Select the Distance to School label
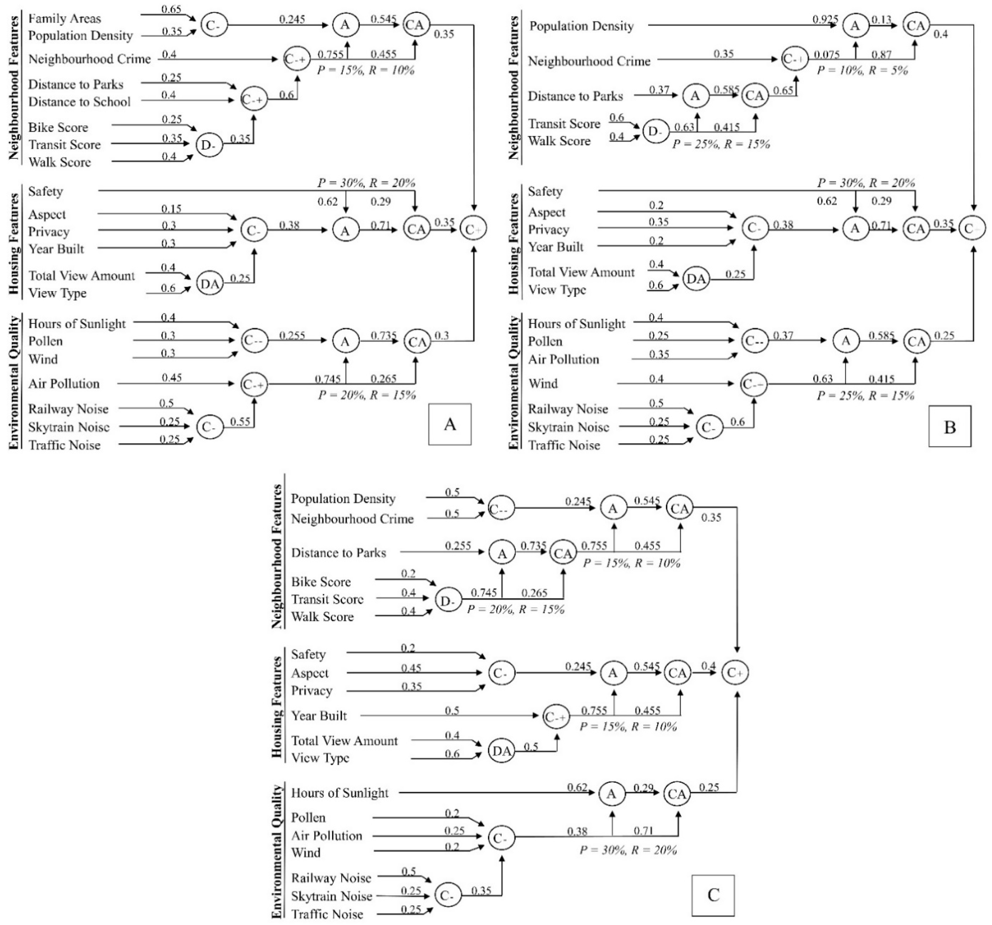coord(79,102)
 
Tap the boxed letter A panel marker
coord(449,424)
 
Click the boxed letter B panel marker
coord(950,427)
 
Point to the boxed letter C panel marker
coord(713,895)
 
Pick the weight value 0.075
coord(827,54)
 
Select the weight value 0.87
coord(881,54)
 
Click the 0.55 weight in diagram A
coord(240,422)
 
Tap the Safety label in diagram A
coord(45,192)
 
